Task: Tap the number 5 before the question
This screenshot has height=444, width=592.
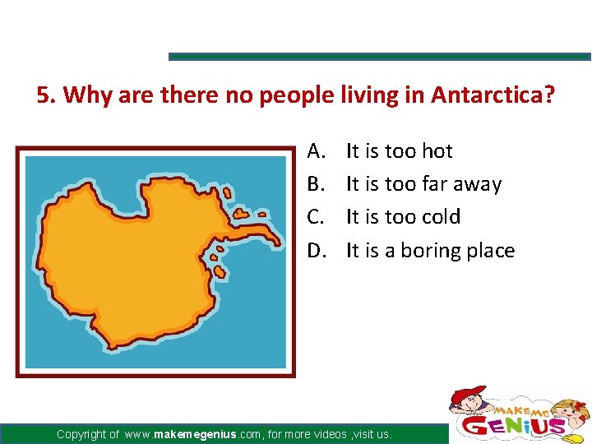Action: coord(43,95)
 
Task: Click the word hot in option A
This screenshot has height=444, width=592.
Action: coord(437,151)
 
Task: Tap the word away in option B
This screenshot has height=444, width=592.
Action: coord(477,184)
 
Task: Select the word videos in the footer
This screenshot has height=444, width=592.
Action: coord(324,434)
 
